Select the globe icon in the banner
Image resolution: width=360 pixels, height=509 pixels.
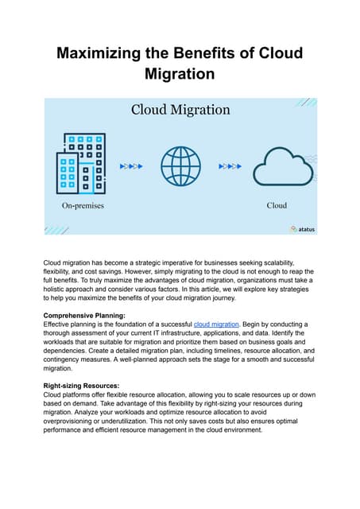(180, 166)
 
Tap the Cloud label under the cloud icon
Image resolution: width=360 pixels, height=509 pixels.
(277, 205)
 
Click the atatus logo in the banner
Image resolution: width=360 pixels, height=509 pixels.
(302, 229)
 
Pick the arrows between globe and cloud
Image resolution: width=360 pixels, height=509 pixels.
(229, 167)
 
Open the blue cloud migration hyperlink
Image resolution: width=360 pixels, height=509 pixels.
(217, 324)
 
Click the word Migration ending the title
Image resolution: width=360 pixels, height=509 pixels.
(180, 76)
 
